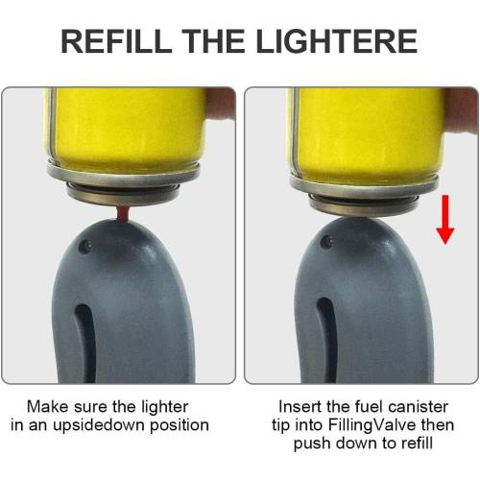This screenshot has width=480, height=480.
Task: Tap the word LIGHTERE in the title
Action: coord(338,41)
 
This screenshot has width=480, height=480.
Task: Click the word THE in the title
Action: coord(218,41)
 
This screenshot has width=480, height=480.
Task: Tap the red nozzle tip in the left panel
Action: coord(124,208)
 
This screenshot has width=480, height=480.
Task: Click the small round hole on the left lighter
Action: coord(87,247)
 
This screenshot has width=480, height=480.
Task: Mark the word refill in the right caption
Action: coord(414,444)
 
